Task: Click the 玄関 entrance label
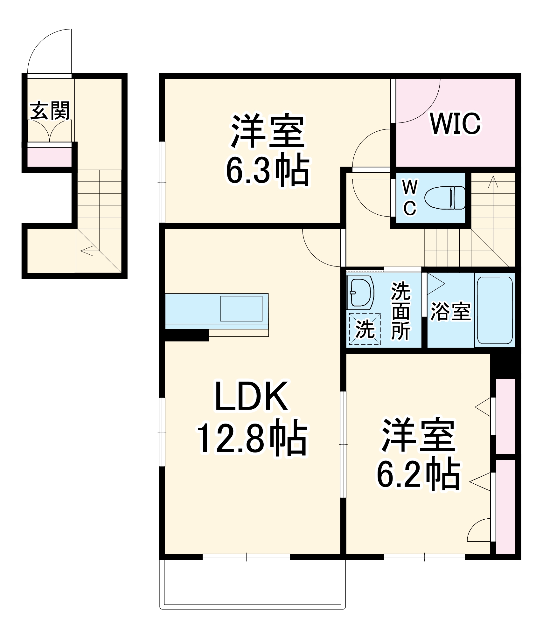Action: click(x=50, y=111)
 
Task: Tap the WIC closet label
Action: click(x=455, y=123)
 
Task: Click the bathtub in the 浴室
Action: click(x=495, y=310)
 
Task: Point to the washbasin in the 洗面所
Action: click(x=360, y=292)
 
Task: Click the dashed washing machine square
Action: click(x=365, y=329)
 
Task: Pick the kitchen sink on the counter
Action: click(x=241, y=308)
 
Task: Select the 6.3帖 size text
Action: click(x=267, y=172)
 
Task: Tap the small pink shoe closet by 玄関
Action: click(x=49, y=157)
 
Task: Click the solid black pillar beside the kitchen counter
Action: click(x=186, y=335)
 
